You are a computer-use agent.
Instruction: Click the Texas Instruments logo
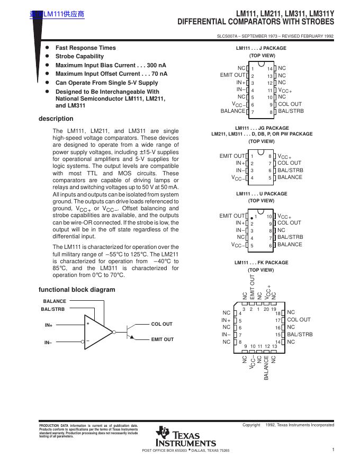[x=185, y=436]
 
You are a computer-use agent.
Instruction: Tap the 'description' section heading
[x=56, y=119]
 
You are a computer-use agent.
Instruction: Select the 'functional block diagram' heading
[x=76, y=290]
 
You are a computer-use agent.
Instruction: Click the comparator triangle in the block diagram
[x=97, y=331]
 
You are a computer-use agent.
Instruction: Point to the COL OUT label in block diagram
[x=161, y=324]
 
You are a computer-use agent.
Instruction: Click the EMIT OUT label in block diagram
[x=162, y=339]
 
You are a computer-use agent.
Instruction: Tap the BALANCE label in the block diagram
[x=55, y=301]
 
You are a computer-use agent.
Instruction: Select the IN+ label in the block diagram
[x=48, y=325]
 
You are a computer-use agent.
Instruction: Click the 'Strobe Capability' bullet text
[x=79, y=56]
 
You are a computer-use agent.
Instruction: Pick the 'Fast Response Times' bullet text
[x=85, y=48]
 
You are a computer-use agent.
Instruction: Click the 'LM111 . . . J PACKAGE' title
[x=261, y=48]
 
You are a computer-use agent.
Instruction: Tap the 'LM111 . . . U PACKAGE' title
[x=262, y=194]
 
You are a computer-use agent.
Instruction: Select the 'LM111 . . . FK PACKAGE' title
[x=262, y=263]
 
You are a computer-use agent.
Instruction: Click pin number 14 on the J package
[x=269, y=69]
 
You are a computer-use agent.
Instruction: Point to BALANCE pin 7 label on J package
[x=233, y=111]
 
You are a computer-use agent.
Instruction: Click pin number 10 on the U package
[x=269, y=217]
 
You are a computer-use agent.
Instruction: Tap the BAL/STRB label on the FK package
[x=300, y=335]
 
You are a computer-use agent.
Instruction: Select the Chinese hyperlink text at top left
[x=57, y=14]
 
